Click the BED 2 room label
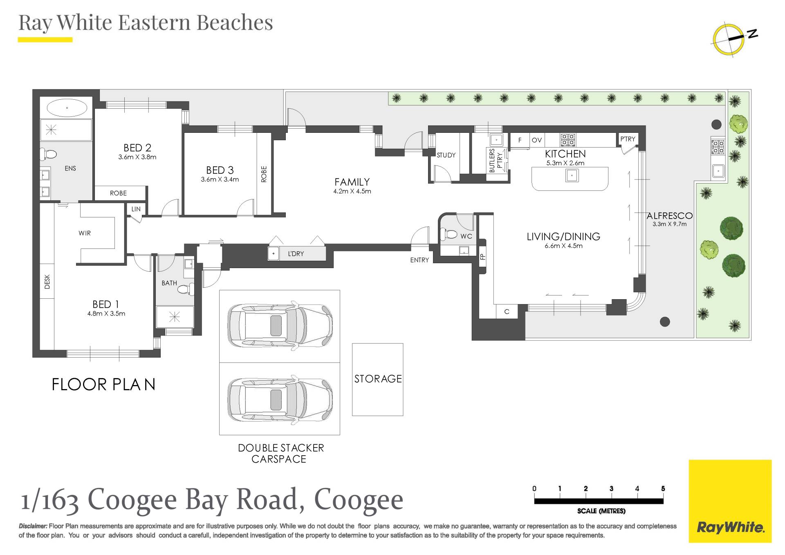(x=137, y=148)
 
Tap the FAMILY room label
(x=352, y=182)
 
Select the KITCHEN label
(x=565, y=154)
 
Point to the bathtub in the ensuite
(x=67, y=108)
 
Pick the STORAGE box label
(x=378, y=379)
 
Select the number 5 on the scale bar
(x=663, y=488)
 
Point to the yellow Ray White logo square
(x=730, y=501)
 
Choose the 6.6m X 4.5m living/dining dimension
(x=563, y=246)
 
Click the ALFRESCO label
(x=670, y=215)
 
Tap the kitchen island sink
(x=572, y=176)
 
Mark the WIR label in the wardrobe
(x=85, y=233)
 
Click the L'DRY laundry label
(x=296, y=254)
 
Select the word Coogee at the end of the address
(x=359, y=500)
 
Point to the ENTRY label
(x=419, y=260)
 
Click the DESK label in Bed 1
(x=47, y=282)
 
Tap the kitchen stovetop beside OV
(x=568, y=140)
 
